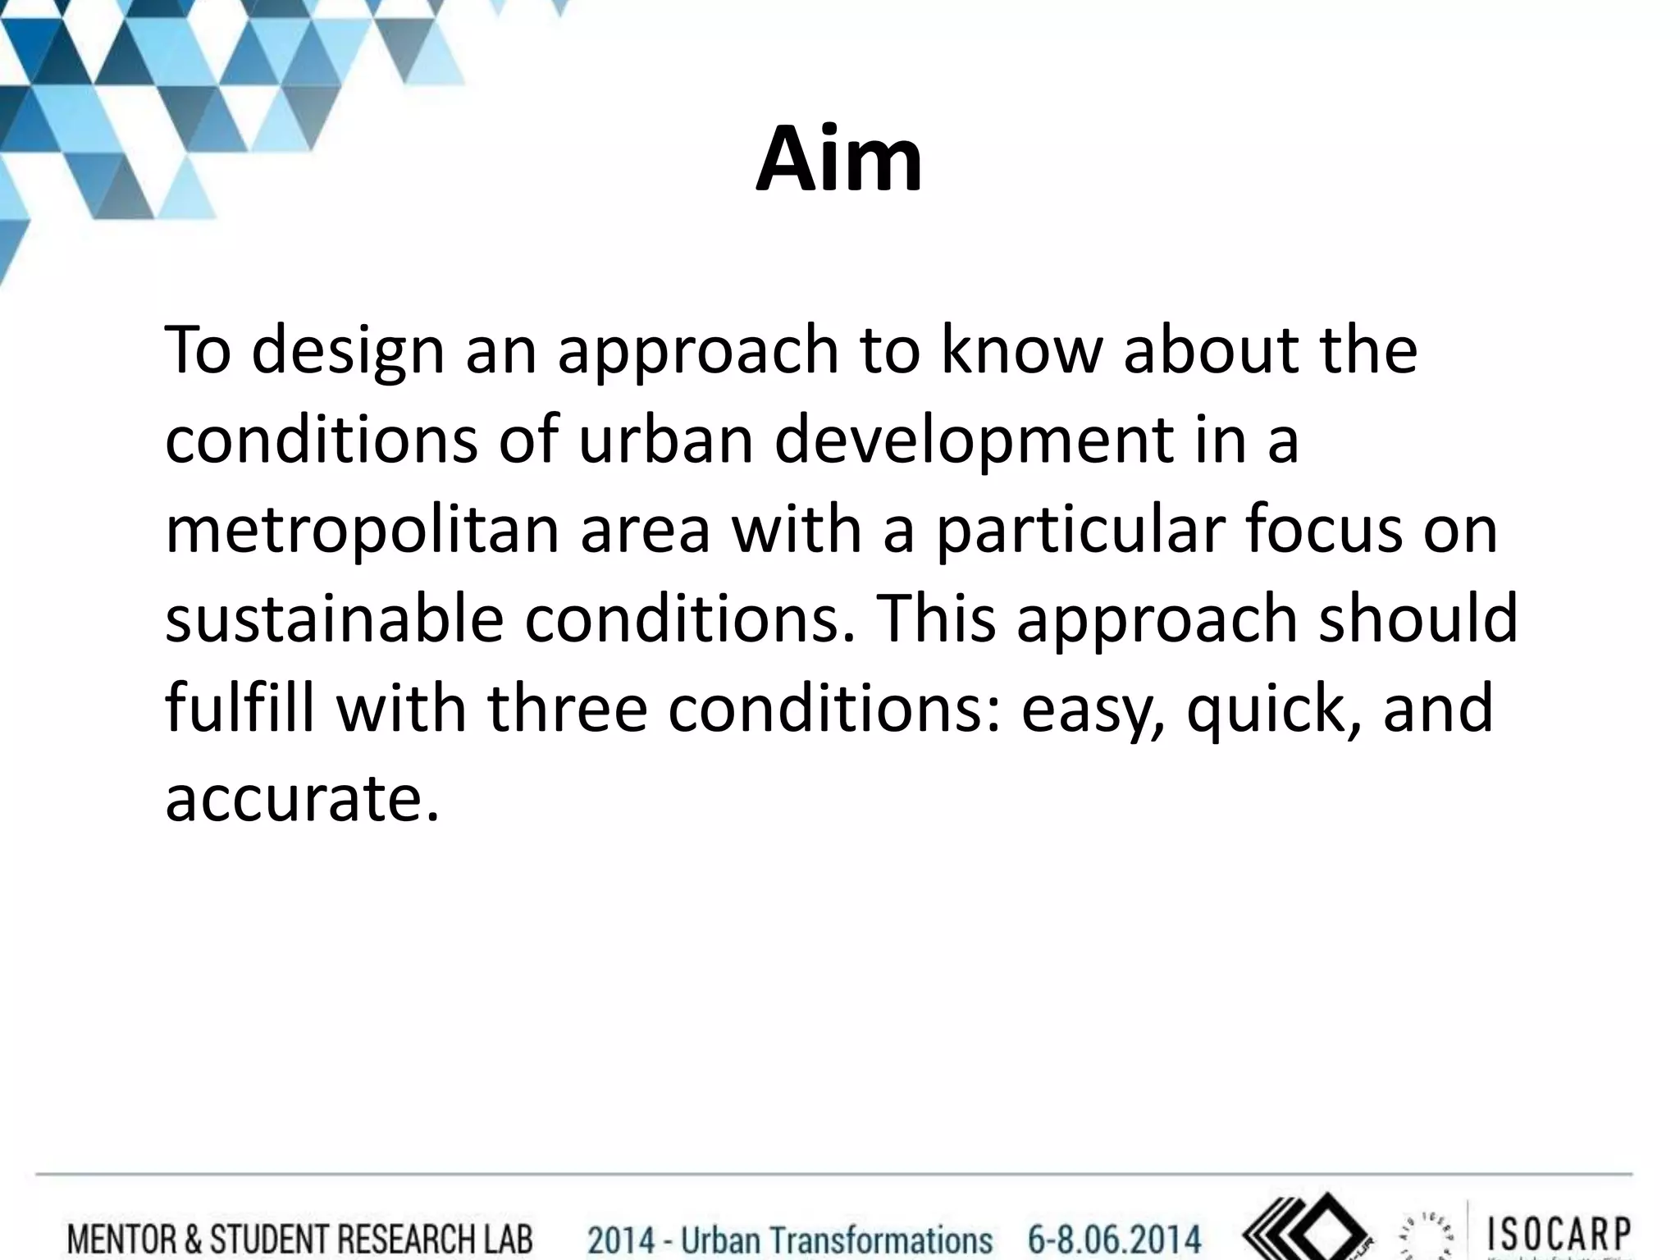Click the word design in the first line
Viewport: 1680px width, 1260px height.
click(347, 351)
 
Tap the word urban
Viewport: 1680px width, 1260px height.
click(665, 439)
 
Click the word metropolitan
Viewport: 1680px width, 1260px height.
click(362, 531)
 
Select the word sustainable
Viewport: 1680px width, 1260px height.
click(334, 619)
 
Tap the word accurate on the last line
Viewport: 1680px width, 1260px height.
click(295, 797)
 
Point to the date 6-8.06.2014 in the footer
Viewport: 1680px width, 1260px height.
click(1114, 1238)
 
